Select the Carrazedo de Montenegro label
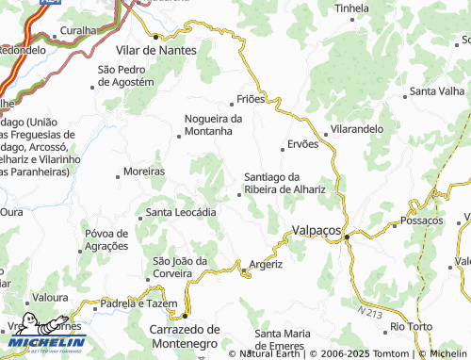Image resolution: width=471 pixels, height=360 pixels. coord(185,336)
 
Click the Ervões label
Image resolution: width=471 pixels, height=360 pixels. coord(302,144)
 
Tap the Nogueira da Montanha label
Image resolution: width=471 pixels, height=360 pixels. coord(214,125)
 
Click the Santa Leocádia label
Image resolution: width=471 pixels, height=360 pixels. coord(182,213)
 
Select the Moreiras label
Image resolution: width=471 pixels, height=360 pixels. coord(144,172)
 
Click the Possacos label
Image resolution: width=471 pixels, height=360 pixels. coord(421,221)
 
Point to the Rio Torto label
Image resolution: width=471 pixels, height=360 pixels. coord(411,326)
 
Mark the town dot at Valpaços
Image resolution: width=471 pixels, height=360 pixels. coord(346,237)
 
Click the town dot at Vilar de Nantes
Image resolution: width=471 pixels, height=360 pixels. coord(157,36)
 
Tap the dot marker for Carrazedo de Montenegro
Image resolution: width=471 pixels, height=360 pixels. coord(186,316)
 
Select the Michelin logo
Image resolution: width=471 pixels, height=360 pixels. coord(44,339)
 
